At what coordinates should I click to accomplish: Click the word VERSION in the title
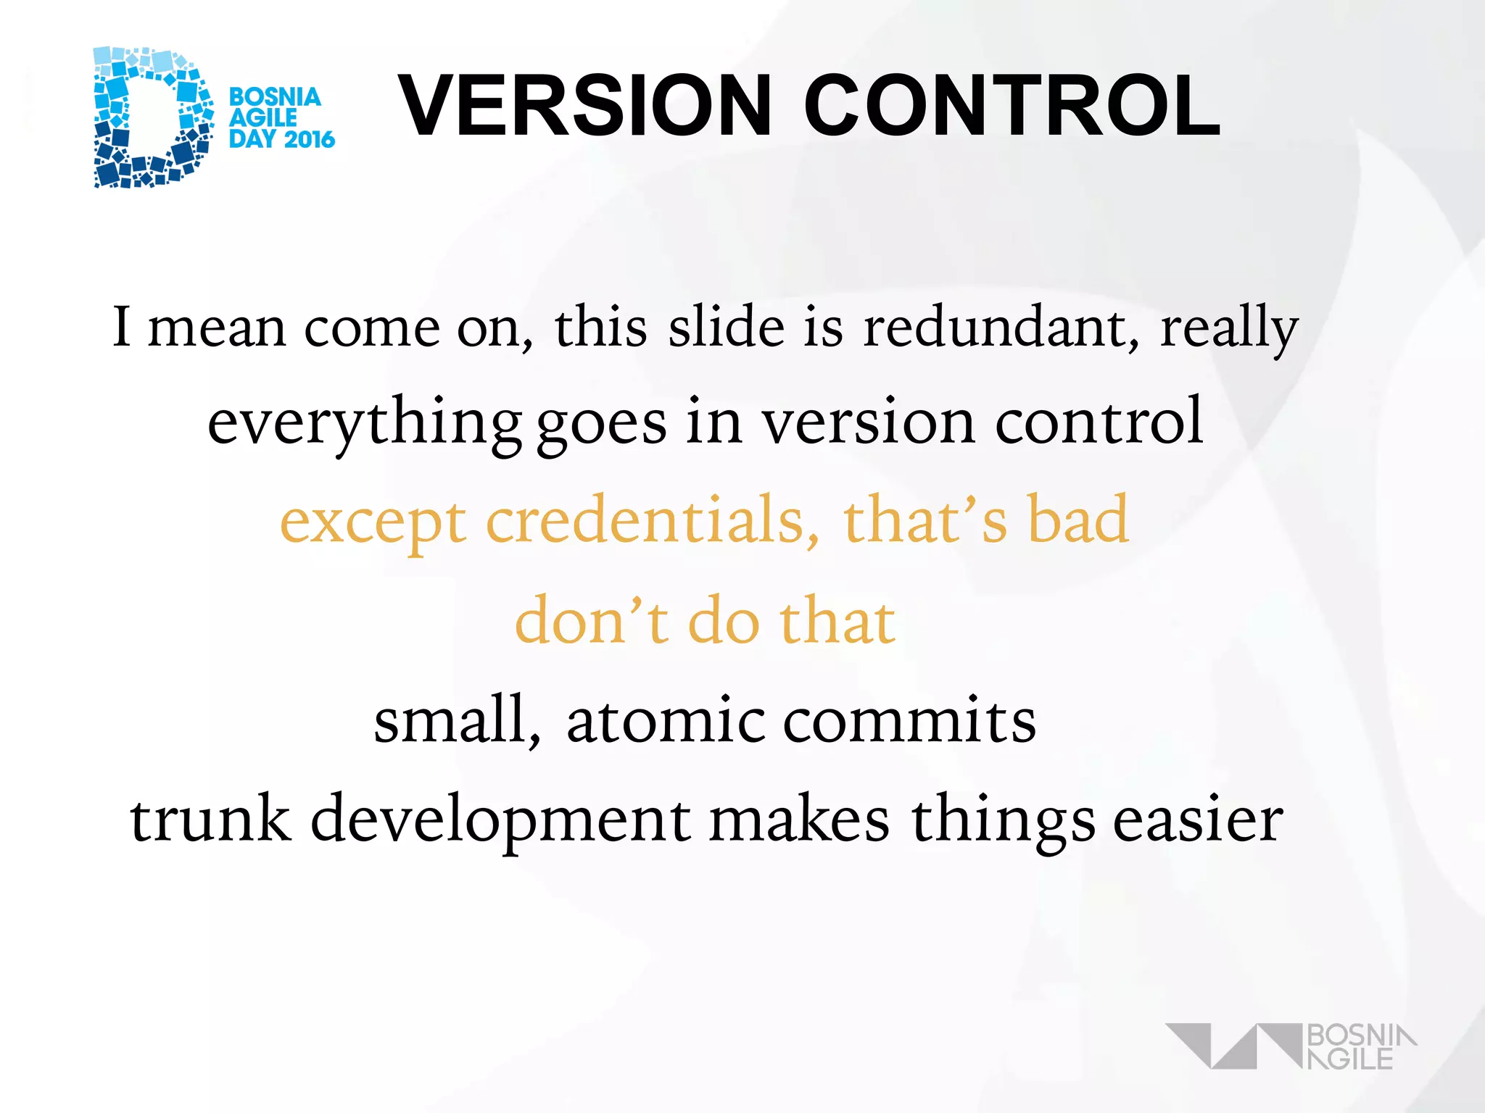coord(584,105)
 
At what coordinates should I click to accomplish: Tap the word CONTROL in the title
coord(1012,105)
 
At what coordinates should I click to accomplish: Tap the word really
coord(1229,330)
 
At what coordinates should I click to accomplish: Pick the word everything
coord(365,424)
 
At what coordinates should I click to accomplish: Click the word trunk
coord(210,819)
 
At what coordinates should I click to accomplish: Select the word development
coord(500,822)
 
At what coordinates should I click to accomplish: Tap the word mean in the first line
coord(217,328)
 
